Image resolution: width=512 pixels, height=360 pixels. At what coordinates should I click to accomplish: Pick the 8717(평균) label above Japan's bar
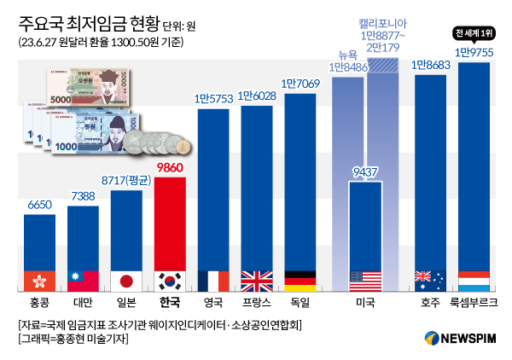[126, 181]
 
